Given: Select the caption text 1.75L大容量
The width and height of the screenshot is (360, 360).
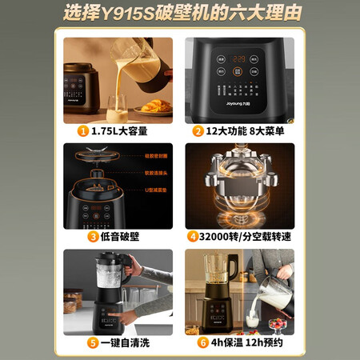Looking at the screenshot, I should pos(121,130).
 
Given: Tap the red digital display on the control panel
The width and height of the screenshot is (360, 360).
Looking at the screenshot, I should pos(238,59).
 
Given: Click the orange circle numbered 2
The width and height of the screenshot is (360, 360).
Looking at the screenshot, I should pos(197,130).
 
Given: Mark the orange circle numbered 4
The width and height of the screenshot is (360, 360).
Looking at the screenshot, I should pos(193,236).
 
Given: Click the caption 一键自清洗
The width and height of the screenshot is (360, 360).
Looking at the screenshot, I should pos(121,342).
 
